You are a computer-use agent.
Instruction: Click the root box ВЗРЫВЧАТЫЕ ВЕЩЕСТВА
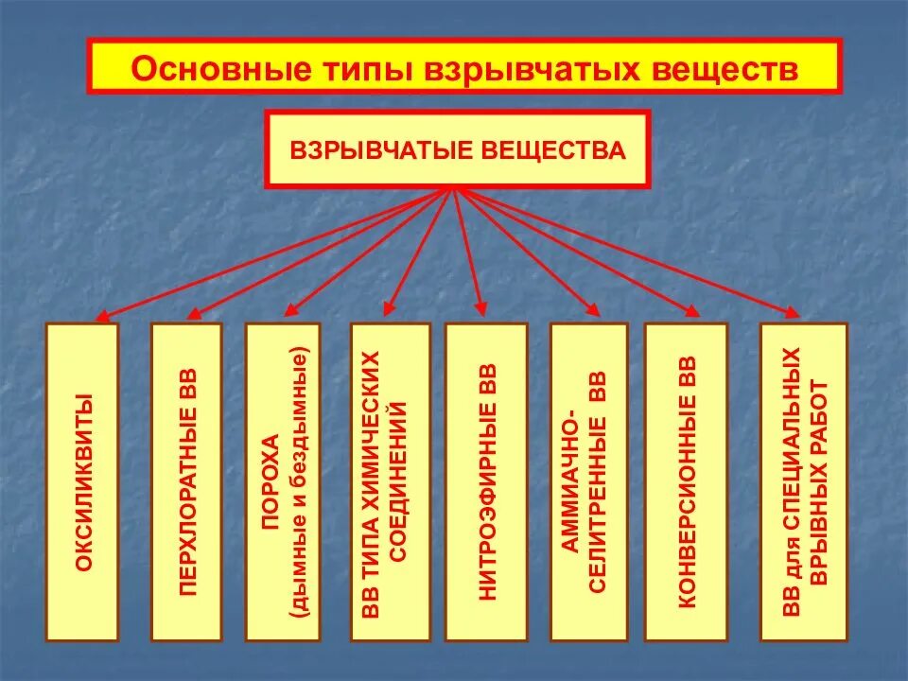pos(458,149)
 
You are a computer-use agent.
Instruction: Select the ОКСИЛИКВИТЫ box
pos(83,482)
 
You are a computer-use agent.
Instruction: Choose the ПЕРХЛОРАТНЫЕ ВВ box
pos(187,482)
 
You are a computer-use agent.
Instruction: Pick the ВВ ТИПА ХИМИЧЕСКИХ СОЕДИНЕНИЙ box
pos(389,482)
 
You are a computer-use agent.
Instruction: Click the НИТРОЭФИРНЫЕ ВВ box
pos(485,482)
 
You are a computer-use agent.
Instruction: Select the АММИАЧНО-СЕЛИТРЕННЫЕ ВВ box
pos(587,482)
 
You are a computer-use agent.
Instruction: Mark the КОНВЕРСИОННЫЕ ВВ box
pos(685,482)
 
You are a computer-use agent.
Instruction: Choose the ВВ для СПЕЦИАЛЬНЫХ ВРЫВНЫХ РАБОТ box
pos(804,482)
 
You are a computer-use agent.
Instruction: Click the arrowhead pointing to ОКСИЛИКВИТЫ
pos(105,317)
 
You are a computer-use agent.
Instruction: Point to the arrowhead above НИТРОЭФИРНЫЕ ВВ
pos(480,308)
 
